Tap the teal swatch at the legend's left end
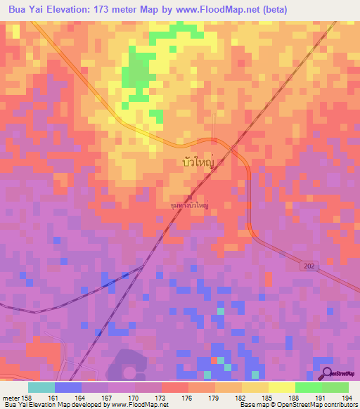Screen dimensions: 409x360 (41, 387)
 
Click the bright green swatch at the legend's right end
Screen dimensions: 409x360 (335, 387)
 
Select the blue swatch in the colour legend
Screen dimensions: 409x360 (67, 387)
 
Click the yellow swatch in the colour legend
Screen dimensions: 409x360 (281, 387)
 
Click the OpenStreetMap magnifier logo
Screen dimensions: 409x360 (326, 374)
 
